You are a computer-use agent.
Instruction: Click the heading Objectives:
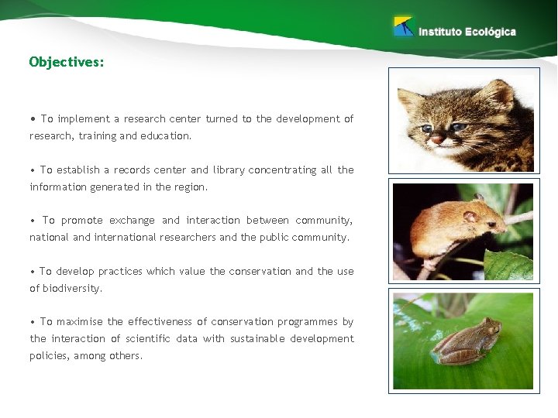tap(67, 62)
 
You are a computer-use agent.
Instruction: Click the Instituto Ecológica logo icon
tap(403, 27)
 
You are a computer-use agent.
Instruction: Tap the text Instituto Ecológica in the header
tap(467, 32)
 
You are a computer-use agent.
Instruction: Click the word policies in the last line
tap(48, 356)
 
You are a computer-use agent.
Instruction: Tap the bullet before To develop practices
tap(33, 272)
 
